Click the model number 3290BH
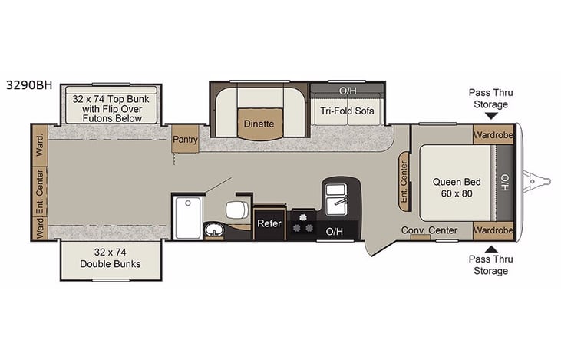[x=27, y=85]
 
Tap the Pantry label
[x=186, y=139]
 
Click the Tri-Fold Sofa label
[x=347, y=111]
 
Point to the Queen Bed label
[x=457, y=188]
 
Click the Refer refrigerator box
[x=269, y=224]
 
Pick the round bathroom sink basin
[x=214, y=230]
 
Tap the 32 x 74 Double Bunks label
[x=111, y=258]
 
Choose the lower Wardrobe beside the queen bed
[x=493, y=230]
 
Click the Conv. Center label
[x=429, y=230]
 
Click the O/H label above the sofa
[x=348, y=91]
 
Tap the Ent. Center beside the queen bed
[x=404, y=183]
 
